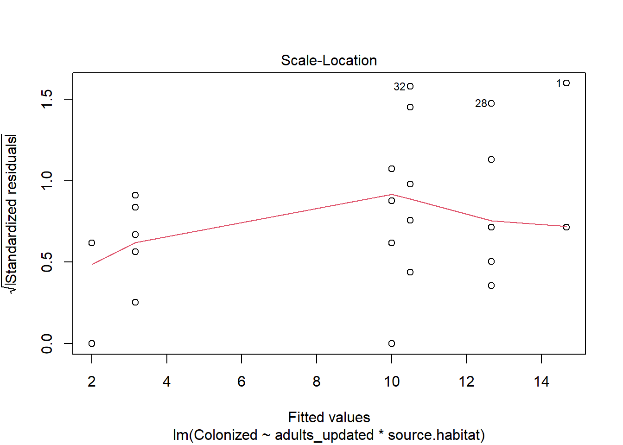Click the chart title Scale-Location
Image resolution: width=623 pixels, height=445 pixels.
pyautogui.click(x=329, y=60)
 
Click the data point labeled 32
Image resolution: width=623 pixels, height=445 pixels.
pyautogui.click(x=410, y=86)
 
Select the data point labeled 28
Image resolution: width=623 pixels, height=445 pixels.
pyautogui.click(x=491, y=103)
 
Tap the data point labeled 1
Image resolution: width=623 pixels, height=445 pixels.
pyautogui.click(x=566, y=83)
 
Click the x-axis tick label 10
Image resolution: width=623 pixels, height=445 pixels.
pyautogui.click(x=392, y=381)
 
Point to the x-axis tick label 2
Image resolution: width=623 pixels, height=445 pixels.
pyautogui.click(x=92, y=381)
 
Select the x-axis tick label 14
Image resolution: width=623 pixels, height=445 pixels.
pyautogui.click(x=541, y=381)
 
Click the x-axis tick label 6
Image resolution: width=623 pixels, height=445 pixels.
pyautogui.click(x=242, y=381)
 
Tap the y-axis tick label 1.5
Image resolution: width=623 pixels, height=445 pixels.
pyautogui.click(x=47, y=99)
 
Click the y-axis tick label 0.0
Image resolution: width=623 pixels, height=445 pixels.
pyautogui.click(x=47, y=343)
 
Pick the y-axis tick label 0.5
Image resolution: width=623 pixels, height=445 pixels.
pyautogui.click(x=47, y=262)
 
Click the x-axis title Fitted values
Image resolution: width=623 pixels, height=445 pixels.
pyautogui.click(x=329, y=417)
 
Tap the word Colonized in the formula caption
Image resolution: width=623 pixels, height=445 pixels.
pyautogui.click(x=225, y=435)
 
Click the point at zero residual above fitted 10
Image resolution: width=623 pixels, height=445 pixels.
pyautogui.click(x=392, y=343)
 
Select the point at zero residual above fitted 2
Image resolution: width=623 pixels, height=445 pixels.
pyautogui.click(x=92, y=343)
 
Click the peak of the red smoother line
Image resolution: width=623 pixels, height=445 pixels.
pyautogui.click(x=392, y=195)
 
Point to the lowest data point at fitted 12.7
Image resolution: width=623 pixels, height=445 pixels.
pyautogui.click(x=491, y=286)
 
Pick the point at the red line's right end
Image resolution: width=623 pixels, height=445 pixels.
pyautogui.click(x=566, y=227)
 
